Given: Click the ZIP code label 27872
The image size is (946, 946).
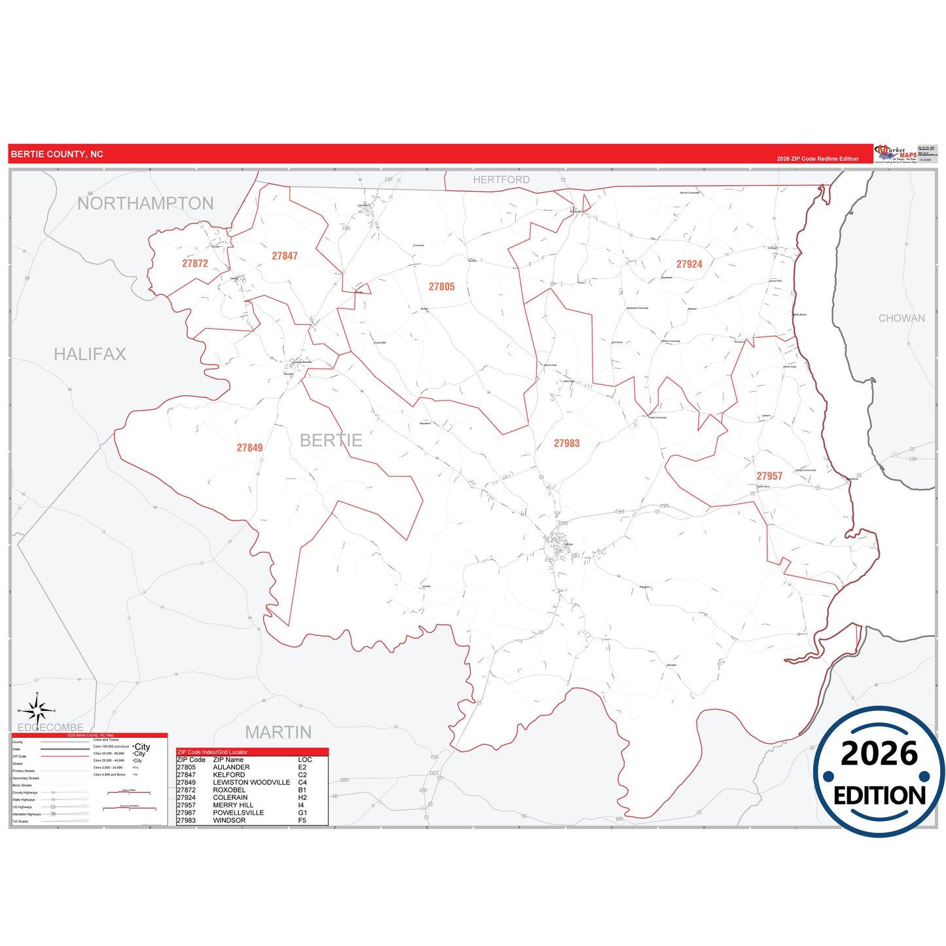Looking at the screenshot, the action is click(195, 263).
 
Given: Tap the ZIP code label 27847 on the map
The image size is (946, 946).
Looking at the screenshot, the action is click(285, 256).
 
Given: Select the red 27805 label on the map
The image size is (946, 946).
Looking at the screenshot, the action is click(441, 287).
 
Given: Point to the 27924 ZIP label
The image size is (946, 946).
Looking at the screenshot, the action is click(689, 264).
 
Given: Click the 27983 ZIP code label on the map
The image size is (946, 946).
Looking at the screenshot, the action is click(566, 443).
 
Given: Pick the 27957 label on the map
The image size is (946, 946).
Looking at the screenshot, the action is click(769, 476).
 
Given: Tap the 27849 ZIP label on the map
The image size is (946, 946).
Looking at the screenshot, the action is click(249, 448).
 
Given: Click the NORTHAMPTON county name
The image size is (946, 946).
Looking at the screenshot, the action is click(145, 204).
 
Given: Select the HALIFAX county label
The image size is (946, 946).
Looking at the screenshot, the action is click(90, 354).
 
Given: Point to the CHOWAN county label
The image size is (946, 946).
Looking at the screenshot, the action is click(901, 318).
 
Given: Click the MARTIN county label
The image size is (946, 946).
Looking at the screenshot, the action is click(278, 732).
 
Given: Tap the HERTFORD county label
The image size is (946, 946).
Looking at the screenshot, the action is click(501, 179).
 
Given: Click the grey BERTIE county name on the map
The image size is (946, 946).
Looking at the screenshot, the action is click(331, 440).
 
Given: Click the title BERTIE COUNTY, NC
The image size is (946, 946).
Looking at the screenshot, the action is click(57, 155).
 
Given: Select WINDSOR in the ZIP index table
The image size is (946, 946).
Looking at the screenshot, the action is click(229, 820).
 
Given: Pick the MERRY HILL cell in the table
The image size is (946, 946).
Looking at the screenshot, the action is click(233, 805).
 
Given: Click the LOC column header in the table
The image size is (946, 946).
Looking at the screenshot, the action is click(304, 759).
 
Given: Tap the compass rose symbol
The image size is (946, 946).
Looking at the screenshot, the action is click(37, 710).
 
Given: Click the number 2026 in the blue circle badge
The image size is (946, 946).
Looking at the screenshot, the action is click(879, 754).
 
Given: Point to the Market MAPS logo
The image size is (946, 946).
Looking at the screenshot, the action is click(895, 154).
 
